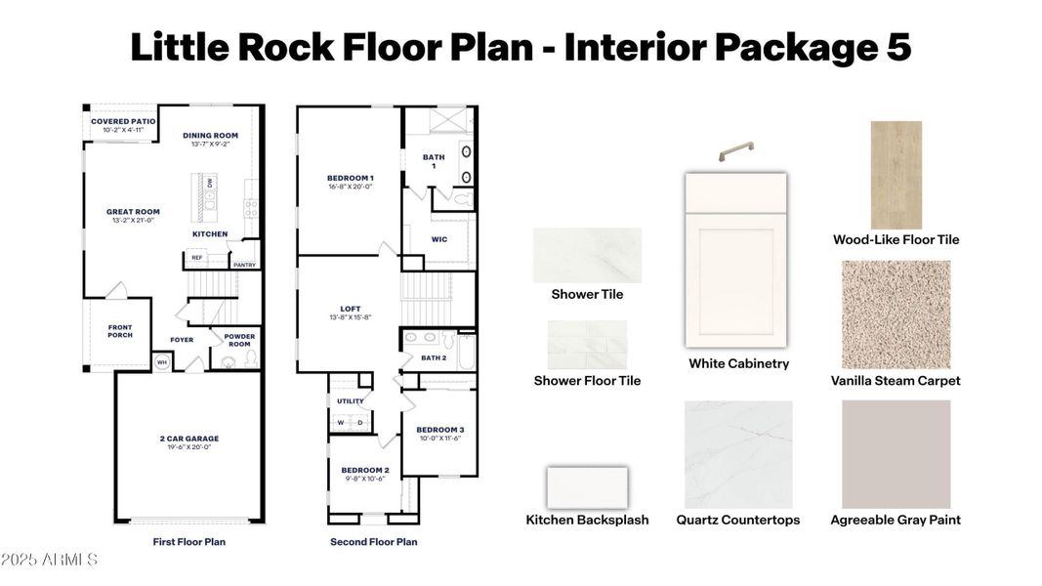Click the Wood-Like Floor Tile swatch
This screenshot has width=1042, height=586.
pos(896,175)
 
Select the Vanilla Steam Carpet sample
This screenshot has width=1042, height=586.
pos(896,314)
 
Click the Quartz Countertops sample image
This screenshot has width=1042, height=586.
pos(738,454)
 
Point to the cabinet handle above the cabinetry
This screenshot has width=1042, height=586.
pos(737,152)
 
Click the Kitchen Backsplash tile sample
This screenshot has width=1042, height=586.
pos(587,487)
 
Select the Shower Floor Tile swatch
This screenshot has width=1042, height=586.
pos(587,345)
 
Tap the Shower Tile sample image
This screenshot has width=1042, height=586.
pos(587,255)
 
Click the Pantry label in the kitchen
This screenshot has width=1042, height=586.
pos(243,264)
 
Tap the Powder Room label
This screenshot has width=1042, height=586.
pos(239,340)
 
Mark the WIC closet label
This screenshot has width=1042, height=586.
pos(439,237)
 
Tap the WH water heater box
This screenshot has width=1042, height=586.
pos(162,363)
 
